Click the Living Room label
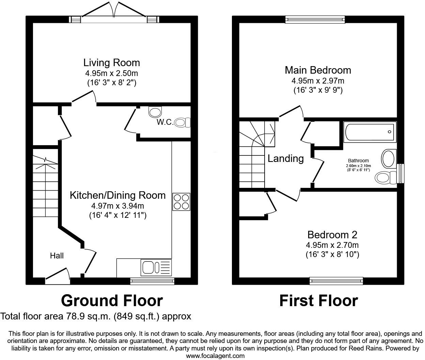(111, 63)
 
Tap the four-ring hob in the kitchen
(181, 201)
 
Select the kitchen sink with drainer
(156, 267)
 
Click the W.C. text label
(165, 122)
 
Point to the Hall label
(57, 256)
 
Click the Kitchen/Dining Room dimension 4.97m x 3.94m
(117, 206)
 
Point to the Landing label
(286, 159)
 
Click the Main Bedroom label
(318, 70)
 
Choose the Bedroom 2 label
(332, 235)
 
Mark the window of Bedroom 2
(336, 281)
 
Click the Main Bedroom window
(315, 19)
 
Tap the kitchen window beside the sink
(152, 281)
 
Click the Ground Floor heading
(112, 301)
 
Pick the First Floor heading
(318, 301)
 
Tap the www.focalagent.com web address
(215, 356)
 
